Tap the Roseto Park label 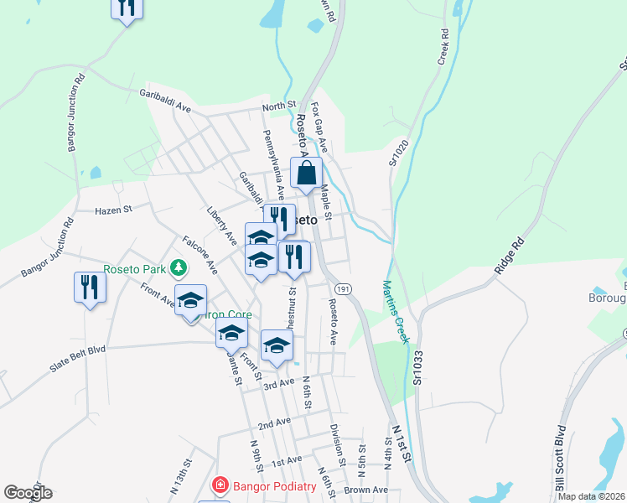pos(134,269)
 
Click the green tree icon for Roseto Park pos(178,268)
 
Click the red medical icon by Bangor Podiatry pos(220,485)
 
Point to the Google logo pos(28,493)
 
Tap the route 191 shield pos(346,288)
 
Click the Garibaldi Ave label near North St pos(166,100)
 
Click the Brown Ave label pos(365,490)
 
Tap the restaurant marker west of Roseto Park pos(88,288)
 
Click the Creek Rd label pos(443,48)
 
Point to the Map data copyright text pos(591,496)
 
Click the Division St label pos(339,443)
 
